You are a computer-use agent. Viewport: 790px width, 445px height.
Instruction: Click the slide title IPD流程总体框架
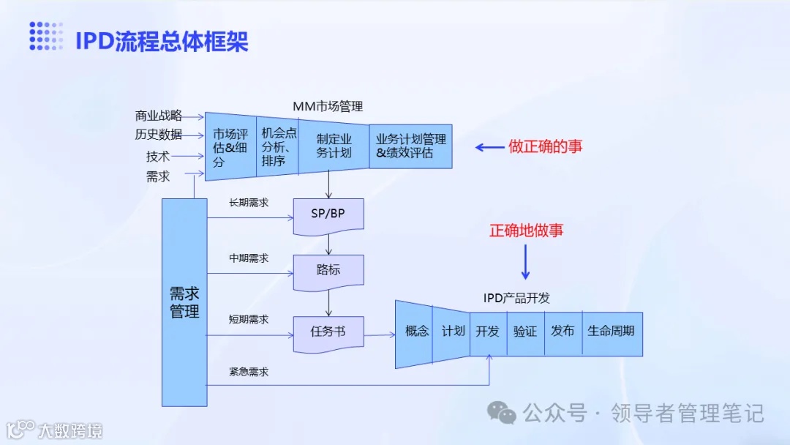coord(162,41)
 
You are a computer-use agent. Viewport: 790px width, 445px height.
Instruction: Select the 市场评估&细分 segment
coord(230,147)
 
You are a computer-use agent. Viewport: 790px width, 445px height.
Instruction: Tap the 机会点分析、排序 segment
coord(278,146)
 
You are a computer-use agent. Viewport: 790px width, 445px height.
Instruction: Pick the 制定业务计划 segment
coord(334,146)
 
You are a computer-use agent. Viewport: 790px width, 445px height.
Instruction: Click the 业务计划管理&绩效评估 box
coord(410,146)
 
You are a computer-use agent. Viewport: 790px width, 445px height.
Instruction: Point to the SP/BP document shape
coord(328,214)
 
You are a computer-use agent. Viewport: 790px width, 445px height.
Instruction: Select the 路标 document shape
coord(328,270)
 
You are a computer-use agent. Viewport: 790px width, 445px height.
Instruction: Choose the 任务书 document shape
coord(328,332)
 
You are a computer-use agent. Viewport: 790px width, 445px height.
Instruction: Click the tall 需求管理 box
coord(184,302)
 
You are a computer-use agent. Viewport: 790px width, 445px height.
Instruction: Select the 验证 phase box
coord(525,332)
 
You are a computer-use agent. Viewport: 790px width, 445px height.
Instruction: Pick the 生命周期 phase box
coord(612,332)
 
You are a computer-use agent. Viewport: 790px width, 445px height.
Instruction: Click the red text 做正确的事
coord(546,146)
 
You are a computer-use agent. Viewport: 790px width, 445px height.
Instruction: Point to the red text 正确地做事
coord(527,231)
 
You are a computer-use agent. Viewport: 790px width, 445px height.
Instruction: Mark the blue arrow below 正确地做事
coord(525,262)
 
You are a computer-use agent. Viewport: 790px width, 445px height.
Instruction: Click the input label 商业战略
coord(158,116)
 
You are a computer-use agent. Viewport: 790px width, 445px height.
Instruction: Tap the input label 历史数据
coord(158,135)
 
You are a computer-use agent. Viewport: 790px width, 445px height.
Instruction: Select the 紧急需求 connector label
coord(249,372)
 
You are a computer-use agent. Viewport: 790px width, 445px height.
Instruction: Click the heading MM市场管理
coord(328,106)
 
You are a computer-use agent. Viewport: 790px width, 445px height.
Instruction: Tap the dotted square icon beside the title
coord(46,37)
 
